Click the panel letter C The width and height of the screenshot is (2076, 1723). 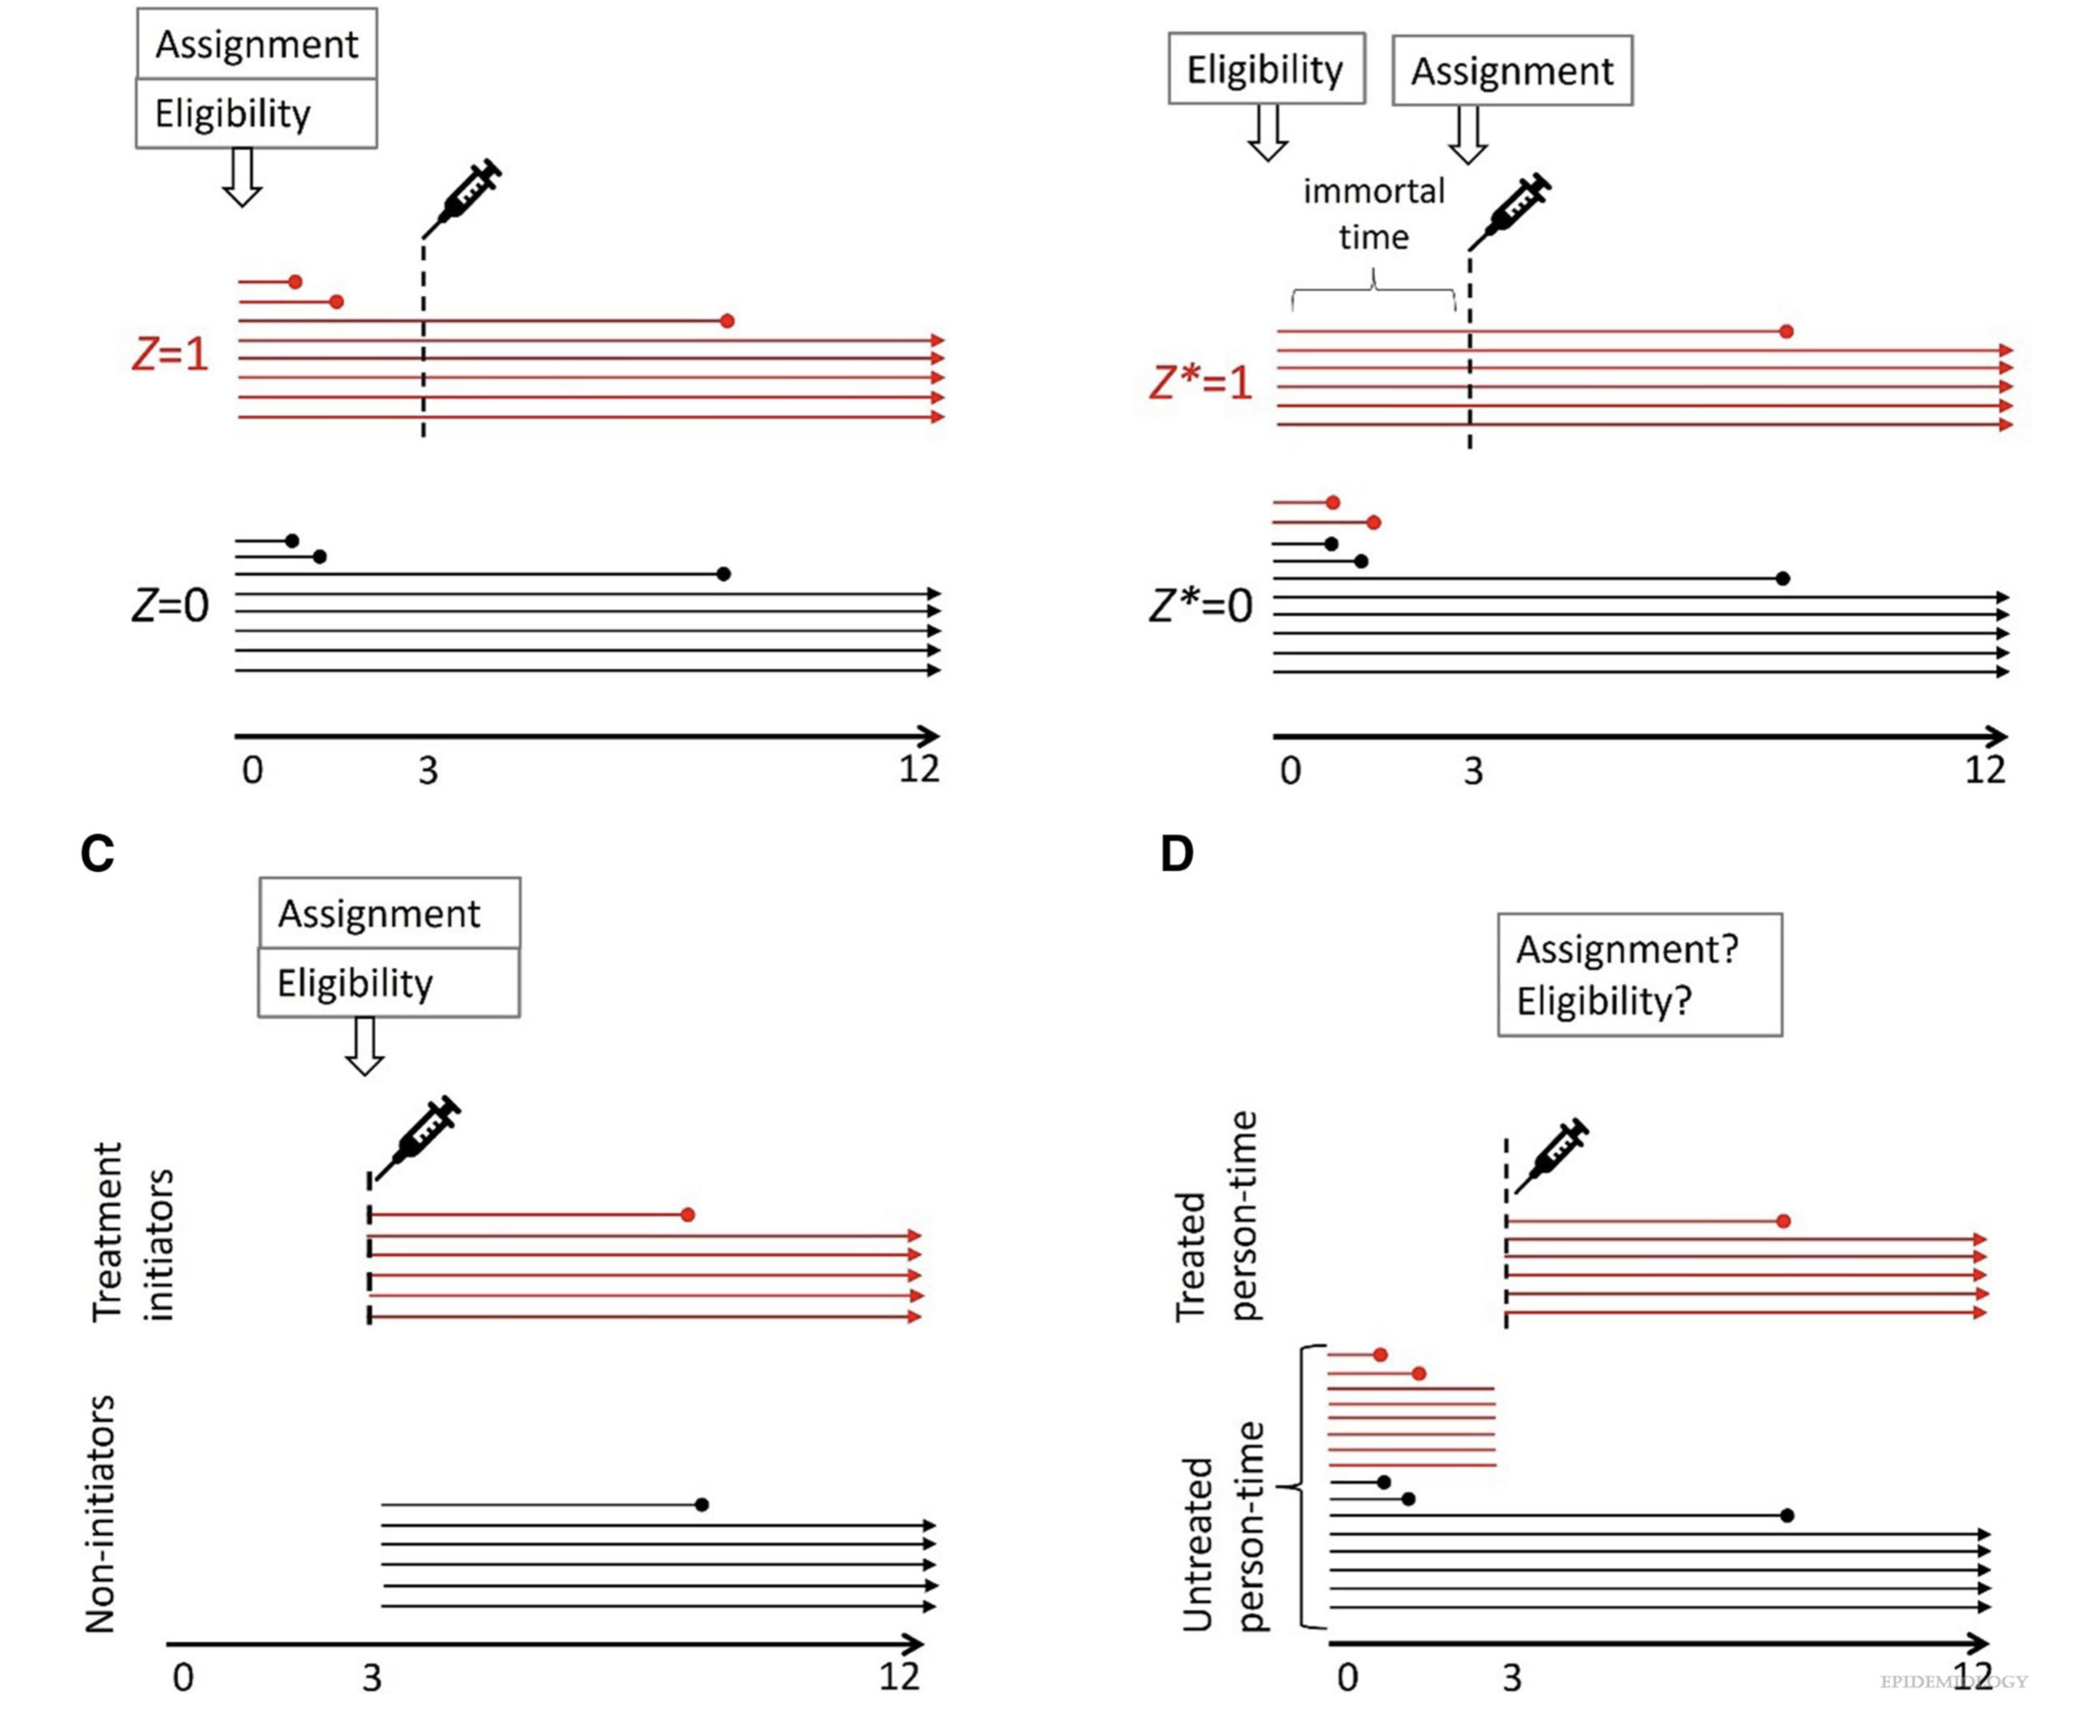pyautogui.click(x=97, y=854)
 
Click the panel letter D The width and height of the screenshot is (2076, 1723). pyautogui.click(x=1177, y=854)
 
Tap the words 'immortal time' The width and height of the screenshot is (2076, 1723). pyautogui.click(x=1373, y=214)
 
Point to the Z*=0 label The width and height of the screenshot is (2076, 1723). pyautogui.click(x=1200, y=605)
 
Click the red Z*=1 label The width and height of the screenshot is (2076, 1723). pyautogui.click(x=1200, y=382)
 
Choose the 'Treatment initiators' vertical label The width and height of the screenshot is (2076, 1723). pyautogui.click(x=132, y=1232)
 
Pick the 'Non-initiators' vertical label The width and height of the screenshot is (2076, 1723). pyautogui.click(x=101, y=1512)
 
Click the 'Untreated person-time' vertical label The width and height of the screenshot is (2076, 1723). pyautogui.click(x=1224, y=1527)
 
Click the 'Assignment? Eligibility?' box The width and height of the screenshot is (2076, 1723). pyautogui.click(x=1639, y=975)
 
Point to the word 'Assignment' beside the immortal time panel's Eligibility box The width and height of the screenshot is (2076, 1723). pyautogui.click(x=1512, y=71)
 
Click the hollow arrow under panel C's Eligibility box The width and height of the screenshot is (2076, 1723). pyautogui.click(x=365, y=1046)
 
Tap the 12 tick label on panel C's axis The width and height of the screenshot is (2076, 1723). pyautogui.click(x=898, y=1675)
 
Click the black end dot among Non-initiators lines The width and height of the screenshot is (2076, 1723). pyautogui.click(x=702, y=1505)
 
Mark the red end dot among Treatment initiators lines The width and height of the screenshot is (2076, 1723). pyautogui.click(x=688, y=1214)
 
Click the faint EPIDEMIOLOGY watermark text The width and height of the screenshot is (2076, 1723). pyautogui.click(x=1953, y=1682)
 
